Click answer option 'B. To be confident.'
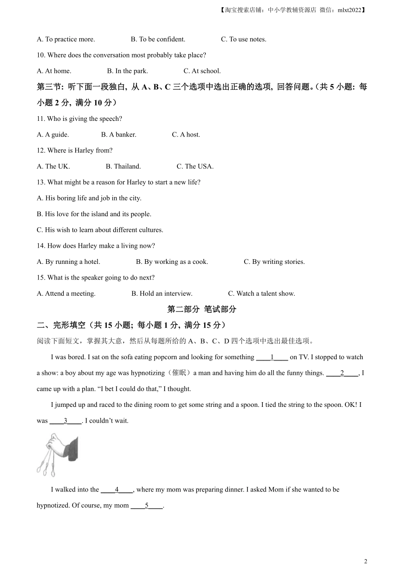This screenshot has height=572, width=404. coord(158,39)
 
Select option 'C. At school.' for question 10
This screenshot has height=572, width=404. coord(202,71)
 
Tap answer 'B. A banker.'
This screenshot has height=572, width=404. coord(119,134)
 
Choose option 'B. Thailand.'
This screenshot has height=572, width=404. coord(123,166)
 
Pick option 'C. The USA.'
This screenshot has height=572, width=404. coord(195,166)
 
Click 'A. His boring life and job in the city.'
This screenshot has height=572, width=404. coord(89,198)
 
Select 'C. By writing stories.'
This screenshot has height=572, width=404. coord(274,262)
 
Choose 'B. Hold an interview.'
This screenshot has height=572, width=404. coord(162,294)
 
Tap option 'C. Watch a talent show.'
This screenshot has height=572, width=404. coord(261,294)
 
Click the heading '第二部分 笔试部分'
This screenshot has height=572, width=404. coord(202,309)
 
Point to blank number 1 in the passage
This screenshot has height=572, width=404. coord(272,357)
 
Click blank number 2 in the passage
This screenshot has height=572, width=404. coord(342,373)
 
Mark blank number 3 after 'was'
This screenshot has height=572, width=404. coord(65,421)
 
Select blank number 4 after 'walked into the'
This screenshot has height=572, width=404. coord(117,490)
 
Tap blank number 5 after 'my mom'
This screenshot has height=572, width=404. coord(147,506)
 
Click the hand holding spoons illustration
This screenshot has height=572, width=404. coord(57,454)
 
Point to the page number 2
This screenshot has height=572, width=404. coord(366,561)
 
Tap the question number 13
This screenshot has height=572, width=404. coord(41,182)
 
